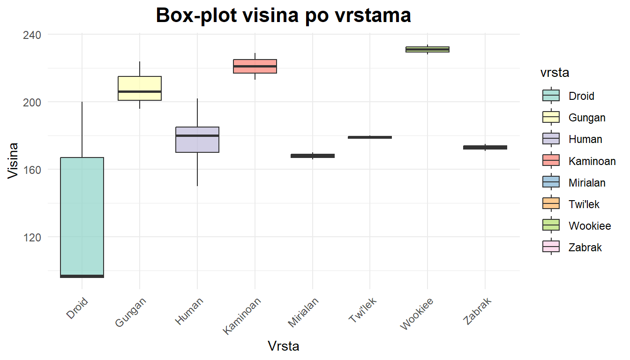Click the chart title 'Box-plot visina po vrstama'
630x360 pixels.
coord(283,15)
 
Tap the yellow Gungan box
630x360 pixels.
coord(140,88)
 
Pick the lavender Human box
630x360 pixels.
coord(197,140)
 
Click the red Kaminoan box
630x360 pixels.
coord(255,66)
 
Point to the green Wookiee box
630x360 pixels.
coord(427,49)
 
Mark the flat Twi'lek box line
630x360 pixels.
coord(370,137)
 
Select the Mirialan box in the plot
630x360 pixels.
coord(313,156)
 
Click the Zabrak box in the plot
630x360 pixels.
coord(485,148)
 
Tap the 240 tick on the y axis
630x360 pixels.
coord(32,35)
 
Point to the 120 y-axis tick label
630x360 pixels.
coord(32,237)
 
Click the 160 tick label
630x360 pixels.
coord(32,170)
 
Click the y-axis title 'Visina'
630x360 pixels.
coord(14,161)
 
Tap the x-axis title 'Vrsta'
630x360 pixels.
coord(284,346)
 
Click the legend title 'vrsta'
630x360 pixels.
coord(555,73)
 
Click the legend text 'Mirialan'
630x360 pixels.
coord(587,183)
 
